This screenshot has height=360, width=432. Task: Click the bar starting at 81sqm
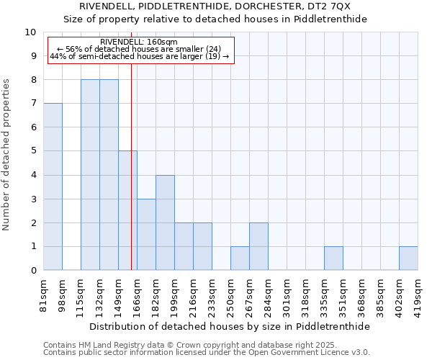[53, 186]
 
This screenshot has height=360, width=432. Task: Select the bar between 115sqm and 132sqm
[90, 175]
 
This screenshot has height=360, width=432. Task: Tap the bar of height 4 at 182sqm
[165, 222]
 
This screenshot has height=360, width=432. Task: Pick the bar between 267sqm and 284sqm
[258, 246]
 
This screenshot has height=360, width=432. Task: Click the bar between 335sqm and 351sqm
[333, 258]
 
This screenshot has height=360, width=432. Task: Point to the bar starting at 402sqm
[408, 258]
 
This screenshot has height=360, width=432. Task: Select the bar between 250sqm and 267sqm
[240, 258]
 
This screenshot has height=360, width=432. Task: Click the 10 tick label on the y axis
[30, 32]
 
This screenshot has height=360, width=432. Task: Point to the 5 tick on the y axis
[33, 151]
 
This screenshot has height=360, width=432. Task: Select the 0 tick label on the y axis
[33, 271]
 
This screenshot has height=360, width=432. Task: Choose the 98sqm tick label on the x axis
[63, 292]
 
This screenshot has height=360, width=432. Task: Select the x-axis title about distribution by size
[230, 326]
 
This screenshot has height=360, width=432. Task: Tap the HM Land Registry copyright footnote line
[196, 345]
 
